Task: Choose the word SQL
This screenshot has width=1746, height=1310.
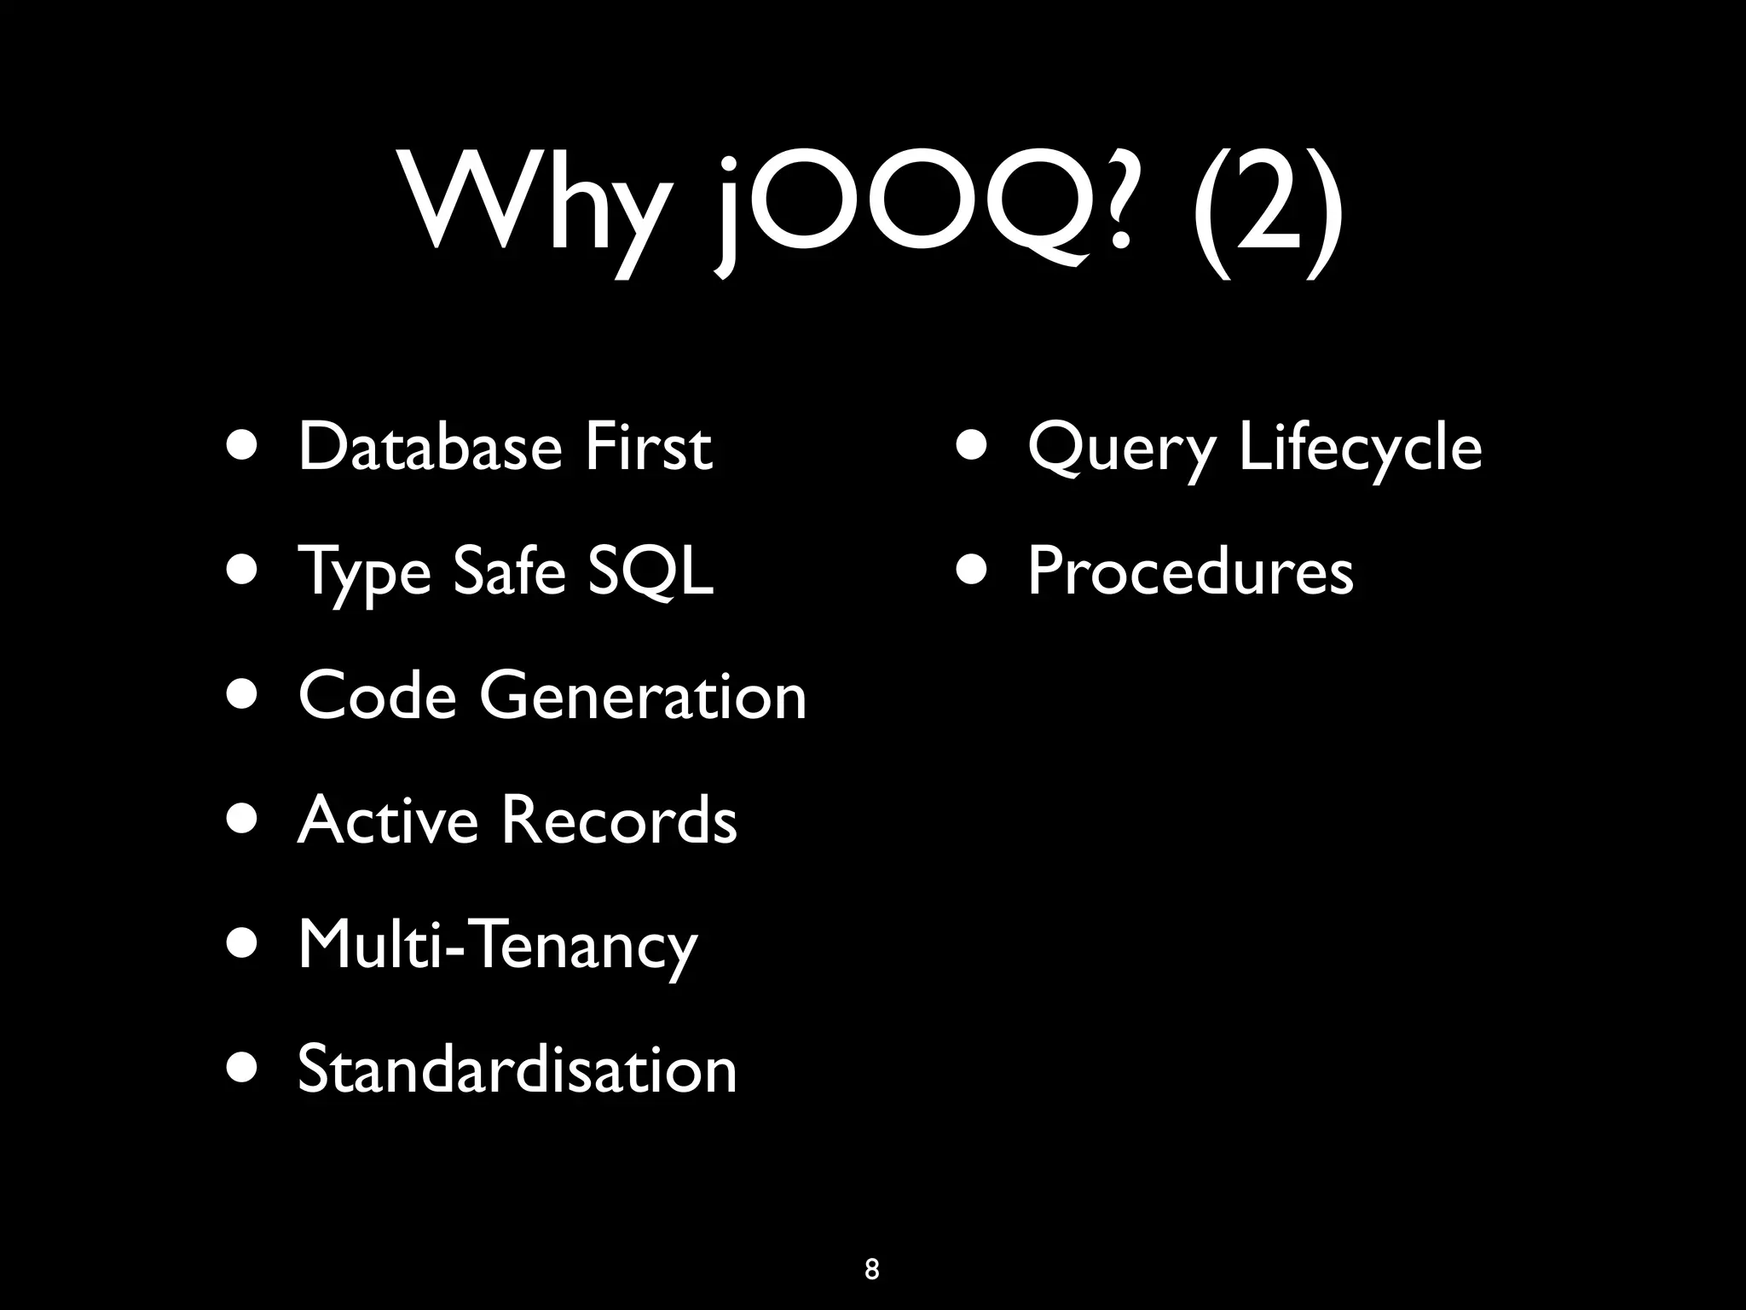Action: pos(651,571)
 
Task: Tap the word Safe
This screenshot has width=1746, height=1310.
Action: pos(509,571)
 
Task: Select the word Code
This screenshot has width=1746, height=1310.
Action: pos(377,695)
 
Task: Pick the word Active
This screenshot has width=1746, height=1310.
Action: pos(388,820)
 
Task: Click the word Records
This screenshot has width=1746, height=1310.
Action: pos(618,820)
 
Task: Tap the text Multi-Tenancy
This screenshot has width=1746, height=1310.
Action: pos(498,945)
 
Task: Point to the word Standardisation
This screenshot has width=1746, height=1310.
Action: pos(517,1069)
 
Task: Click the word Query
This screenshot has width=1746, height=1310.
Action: pos(1122,448)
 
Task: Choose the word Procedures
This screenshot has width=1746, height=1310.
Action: pos(1190,571)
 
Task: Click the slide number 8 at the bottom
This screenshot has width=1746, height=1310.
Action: pos(871,1269)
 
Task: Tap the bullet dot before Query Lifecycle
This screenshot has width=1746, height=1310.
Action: pos(973,444)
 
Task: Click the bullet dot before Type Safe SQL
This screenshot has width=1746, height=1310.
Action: pos(243,569)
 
